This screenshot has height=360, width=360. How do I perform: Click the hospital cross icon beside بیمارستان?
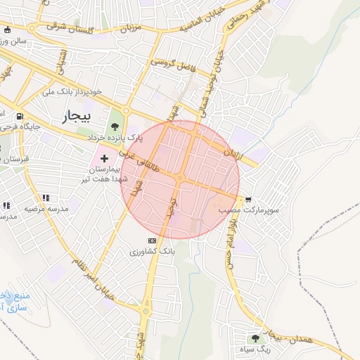(x=105, y=159)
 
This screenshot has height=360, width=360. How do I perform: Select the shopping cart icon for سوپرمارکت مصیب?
(x=247, y=200)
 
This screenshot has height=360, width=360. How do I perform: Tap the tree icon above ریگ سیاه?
(x=265, y=339)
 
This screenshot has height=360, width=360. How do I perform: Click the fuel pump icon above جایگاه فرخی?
(x=19, y=117)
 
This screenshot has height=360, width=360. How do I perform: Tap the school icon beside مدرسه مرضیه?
(x=46, y=198)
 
